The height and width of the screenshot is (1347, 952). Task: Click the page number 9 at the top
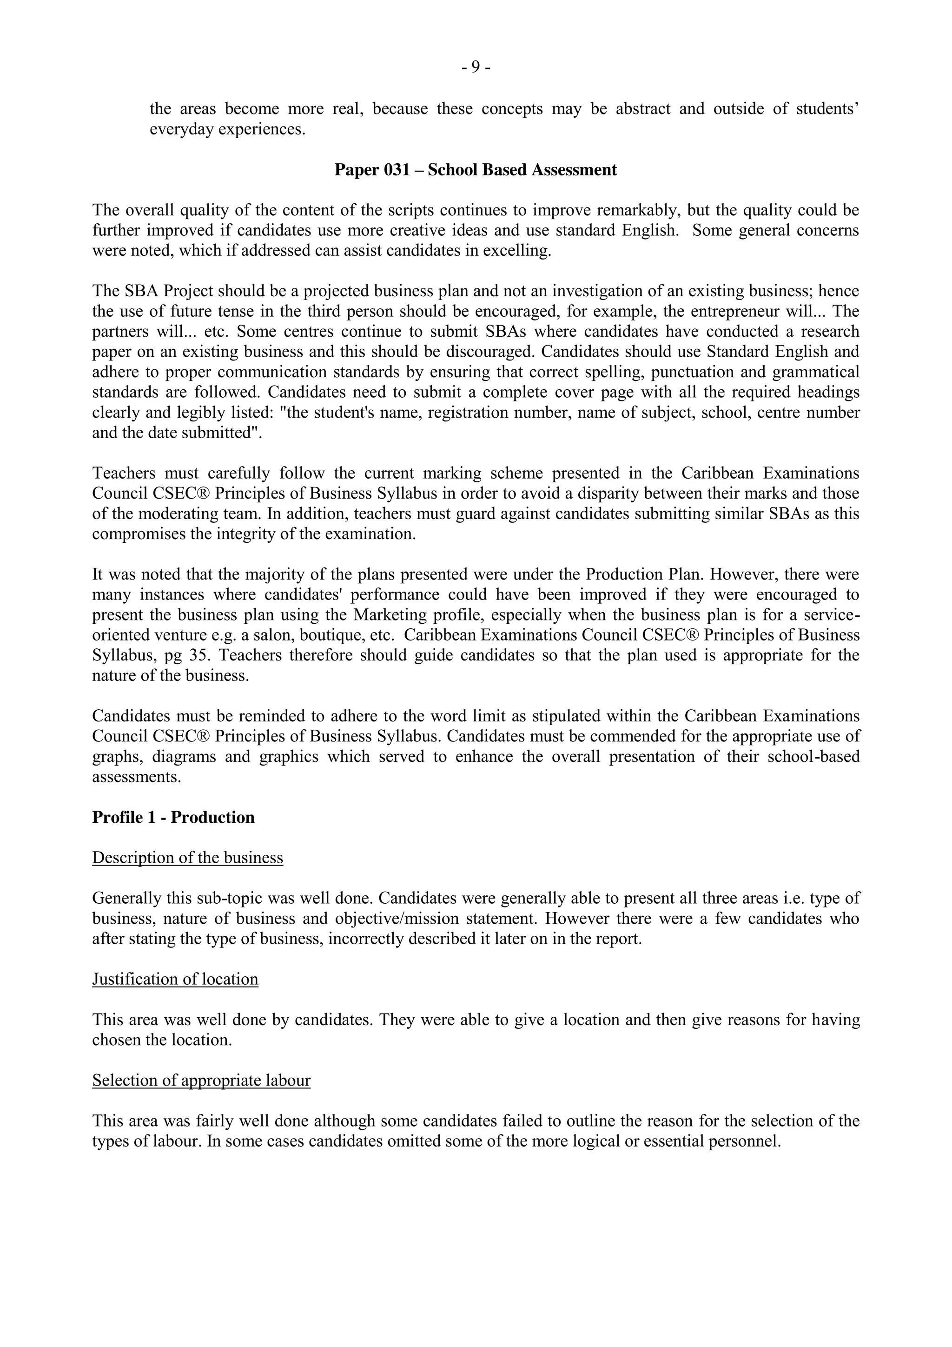476,68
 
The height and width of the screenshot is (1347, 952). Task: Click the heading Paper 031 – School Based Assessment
476,170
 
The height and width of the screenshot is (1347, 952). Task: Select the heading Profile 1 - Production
173,818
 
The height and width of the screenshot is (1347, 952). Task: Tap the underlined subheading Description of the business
188,858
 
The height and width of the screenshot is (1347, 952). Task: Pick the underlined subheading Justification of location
175,979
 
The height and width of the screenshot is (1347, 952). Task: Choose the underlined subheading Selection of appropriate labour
201,1080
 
